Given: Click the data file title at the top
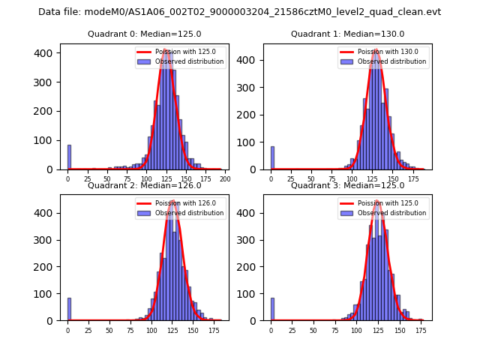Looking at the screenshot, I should tap(239, 12).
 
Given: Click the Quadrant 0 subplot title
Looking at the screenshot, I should tap(144, 34).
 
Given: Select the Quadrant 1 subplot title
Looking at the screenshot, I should tap(347, 34).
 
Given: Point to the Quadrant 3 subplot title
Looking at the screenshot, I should tap(347, 185).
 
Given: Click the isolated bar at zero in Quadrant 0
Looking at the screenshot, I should tap(69, 157).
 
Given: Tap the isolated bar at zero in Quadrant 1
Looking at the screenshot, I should tap(272, 157).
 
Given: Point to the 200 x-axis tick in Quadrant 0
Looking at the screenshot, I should tap(224, 179).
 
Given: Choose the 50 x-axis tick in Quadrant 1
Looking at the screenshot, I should tap(311, 179).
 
